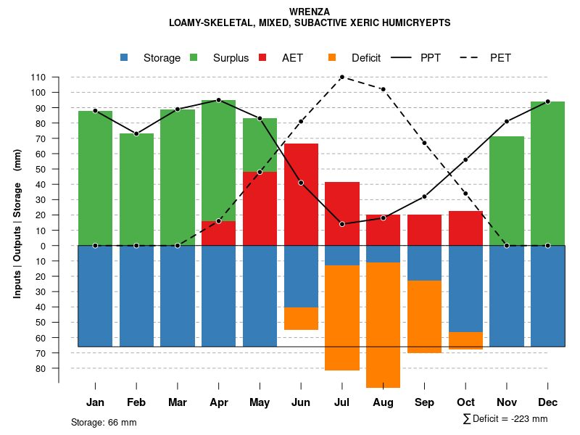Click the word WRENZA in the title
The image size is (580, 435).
(310, 12)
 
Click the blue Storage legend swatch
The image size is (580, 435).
(124, 57)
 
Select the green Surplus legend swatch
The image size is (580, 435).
(194, 57)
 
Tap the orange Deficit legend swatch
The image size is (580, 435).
(332, 57)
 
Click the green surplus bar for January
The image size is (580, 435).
(95, 178)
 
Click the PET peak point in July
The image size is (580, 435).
(341, 77)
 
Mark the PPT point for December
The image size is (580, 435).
(547, 101)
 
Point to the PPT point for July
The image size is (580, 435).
(341, 224)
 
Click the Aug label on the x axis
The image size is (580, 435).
(383, 402)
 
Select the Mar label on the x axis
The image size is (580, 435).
(178, 402)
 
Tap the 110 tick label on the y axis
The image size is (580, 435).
(38, 78)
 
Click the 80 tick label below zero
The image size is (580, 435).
(41, 368)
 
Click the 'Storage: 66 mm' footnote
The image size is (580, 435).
(104, 422)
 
